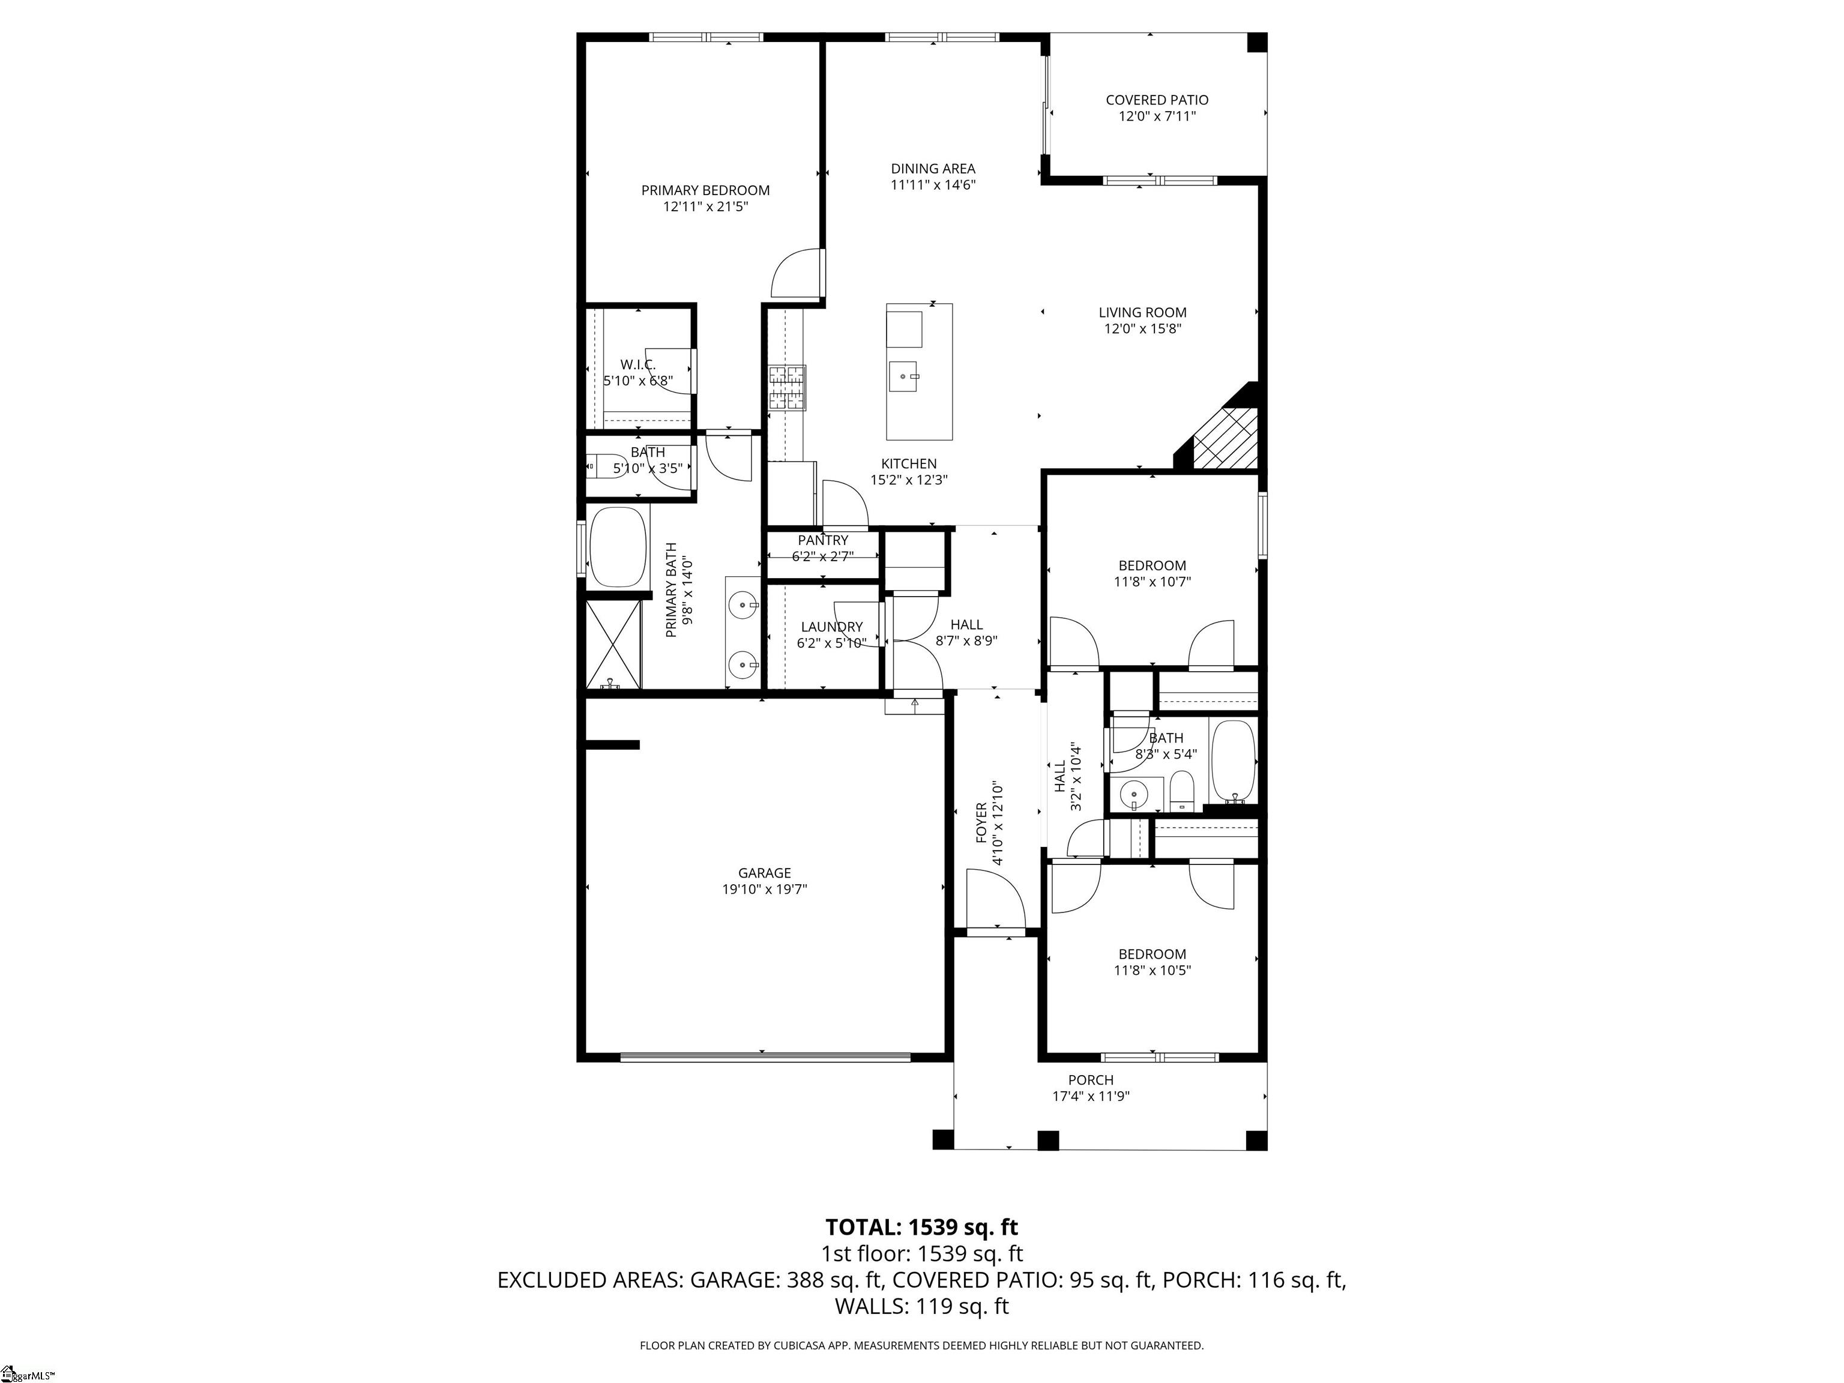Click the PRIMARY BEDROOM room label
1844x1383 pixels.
point(705,190)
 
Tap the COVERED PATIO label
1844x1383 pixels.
point(1157,100)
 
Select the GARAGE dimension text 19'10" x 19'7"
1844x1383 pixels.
point(765,890)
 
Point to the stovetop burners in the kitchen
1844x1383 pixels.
point(787,388)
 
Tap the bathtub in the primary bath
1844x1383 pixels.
point(618,547)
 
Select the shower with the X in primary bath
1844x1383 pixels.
point(613,645)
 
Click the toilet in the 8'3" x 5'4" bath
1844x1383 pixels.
point(1182,791)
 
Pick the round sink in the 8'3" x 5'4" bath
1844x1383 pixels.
point(1134,795)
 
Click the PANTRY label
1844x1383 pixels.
point(823,540)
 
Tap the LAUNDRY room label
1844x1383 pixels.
point(832,627)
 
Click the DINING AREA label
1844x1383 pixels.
point(933,169)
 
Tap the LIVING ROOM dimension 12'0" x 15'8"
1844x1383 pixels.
point(1142,328)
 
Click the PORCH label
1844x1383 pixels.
point(1091,1079)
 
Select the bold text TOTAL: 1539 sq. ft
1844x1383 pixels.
point(921,1227)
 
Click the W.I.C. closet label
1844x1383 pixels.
point(637,365)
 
